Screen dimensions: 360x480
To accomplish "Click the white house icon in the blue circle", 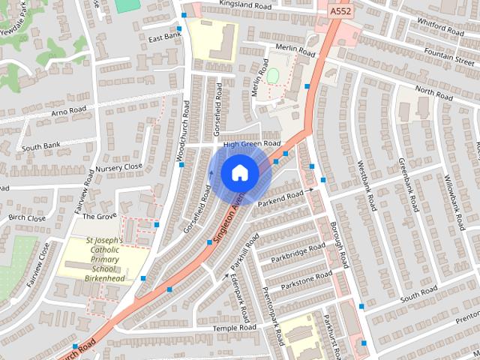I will (239, 173).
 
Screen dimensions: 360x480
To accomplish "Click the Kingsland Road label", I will (244, 4).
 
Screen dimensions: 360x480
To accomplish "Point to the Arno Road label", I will (69, 110).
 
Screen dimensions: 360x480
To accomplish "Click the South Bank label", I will (40, 147).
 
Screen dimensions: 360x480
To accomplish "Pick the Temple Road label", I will (235, 328).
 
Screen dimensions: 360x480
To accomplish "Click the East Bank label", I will (165, 36).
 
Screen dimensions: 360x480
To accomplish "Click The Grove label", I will (99, 216).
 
